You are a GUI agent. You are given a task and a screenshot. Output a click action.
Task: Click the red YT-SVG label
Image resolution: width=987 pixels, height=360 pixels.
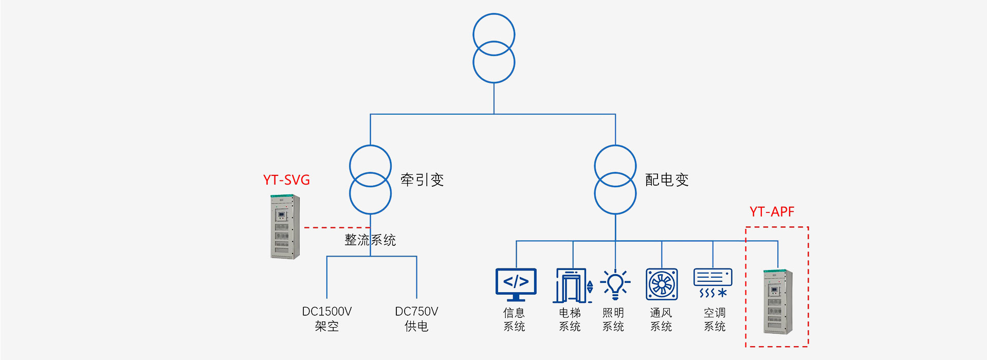tap(286, 180)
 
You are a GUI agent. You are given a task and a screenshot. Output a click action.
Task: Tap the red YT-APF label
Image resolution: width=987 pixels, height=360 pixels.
tap(772, 212)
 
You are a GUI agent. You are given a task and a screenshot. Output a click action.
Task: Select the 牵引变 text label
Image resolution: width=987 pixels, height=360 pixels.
tap(422, 180)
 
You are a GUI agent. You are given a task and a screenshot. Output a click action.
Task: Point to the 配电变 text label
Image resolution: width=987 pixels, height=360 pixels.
tap(667, 180)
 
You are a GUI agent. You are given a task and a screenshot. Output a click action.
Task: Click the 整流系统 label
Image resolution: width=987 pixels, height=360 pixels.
tap(370, 240)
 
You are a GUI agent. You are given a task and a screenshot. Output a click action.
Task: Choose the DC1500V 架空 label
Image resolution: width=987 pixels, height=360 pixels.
tap(327, 319)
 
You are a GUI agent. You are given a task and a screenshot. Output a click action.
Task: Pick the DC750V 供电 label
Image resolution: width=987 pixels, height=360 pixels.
tap(416, 319)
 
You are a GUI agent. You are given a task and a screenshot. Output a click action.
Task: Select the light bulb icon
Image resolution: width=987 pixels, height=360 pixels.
tap(615, 284)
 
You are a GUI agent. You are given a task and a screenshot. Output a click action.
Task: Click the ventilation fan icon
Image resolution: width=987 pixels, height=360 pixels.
tap(662, 284)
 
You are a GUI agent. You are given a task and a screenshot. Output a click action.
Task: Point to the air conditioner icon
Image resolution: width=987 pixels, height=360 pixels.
tap(712, 283)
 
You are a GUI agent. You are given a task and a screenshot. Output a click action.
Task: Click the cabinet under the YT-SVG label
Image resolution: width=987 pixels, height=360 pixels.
tap(285, 226)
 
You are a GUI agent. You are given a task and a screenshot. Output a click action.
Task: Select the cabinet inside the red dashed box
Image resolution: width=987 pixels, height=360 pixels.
tap(778, 301)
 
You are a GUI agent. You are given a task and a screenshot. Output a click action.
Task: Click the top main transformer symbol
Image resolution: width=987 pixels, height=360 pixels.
tap(493, 48)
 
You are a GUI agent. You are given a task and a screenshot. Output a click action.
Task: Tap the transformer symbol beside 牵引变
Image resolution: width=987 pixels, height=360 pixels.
tap(370, 180)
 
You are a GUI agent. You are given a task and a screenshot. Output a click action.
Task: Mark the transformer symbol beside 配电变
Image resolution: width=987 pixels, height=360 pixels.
tap(615, 180)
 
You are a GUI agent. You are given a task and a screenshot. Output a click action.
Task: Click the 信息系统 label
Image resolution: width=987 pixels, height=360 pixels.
tap(514, 319)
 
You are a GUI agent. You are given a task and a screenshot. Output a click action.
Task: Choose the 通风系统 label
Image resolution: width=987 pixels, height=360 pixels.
tap(661, 319)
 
